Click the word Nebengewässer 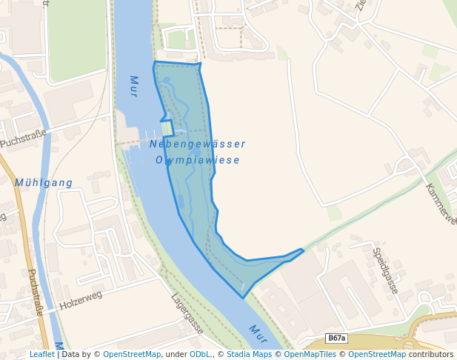pyautogui.click(x=198, y=144)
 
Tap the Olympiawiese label pyautogui.click(x=198, y=160)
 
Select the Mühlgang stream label pyautogui.click(x=44, y=182)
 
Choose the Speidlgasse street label pyautogui.click(x=385, y=271)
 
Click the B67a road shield pyautogui.click(x=337, y=339)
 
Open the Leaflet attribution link pyautogui.click(x=41, y=354)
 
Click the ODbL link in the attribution pyautogui.click(x=200, y=354)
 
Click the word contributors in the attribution pyautogui.click(x=431, y=354)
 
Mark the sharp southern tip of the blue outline pyautogui.click(x=242, y=298)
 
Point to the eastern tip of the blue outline pyautogui.click(x=303, y=250)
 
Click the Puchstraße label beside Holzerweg pyautogui.click(x=35, y=291)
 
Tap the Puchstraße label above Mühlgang pyautogui.click(x=23, y=138)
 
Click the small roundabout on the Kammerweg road pyautogui.click(x=406, y=164)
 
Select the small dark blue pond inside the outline pyautogui.click(x=180, y=201)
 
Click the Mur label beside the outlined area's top pyautogui.click(x=134, y=87)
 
